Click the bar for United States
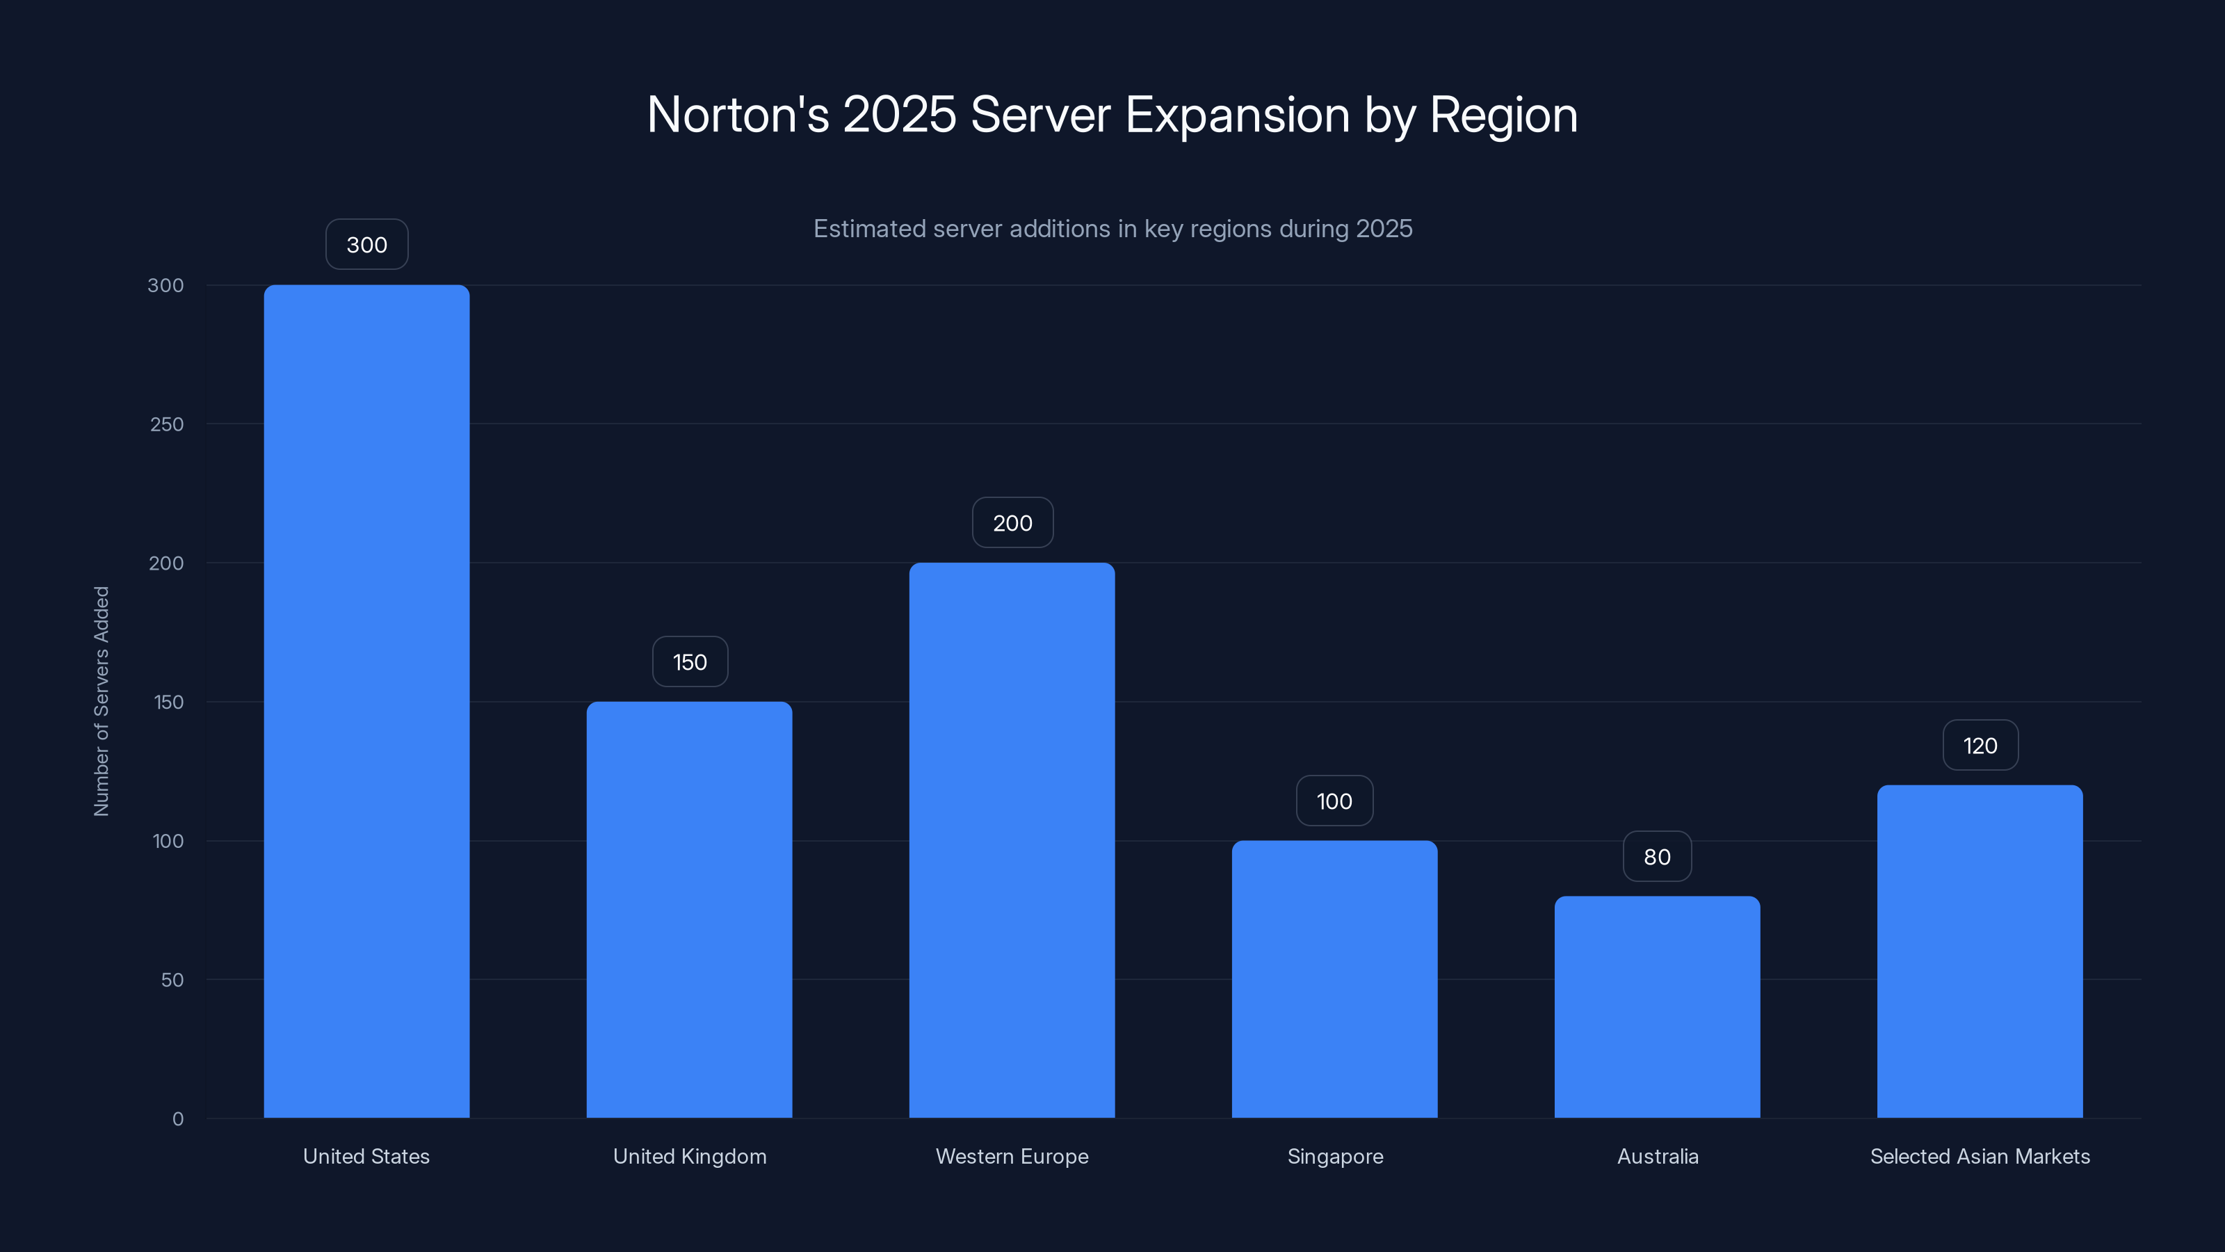pyautogui.click(x=366, y=700)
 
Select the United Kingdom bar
pyautogui.click(x=689, y=909)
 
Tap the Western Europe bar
pyautogui.click(x=1012, y=840)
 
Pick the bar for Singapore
pyautogui.click(x=1334, y=979)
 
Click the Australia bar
pyautogui.click(x=1657, y=1006)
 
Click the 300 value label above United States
pyautogui.click(x=366, y=245)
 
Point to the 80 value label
pyautogui.click(x=1657, y=856)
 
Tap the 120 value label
pyautogui.click(x=1980, y=745)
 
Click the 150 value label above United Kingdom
pyautogui.click(x=689, y=662)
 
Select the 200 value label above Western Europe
pyautogui.click(x=1012, y=523)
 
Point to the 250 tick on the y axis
pyautogui.click(x=167, y=424)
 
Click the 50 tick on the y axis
pyautogui.click(x=172, y=980)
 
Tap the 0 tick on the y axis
pyautogui.click(x=178, y=1119)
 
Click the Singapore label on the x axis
pyautogui.click(x=1334, y=1156)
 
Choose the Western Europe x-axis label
pyautogui.click(x=1012, y=1156)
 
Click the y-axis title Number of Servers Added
pyautogui.click(x=101, y=700)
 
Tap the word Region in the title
pyautogui.click(x=1503, y=115)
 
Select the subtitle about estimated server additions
pyautogui.click(x=1112, y=229)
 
